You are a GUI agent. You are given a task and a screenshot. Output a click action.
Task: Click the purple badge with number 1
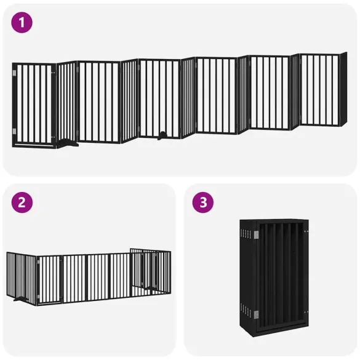click(22, 23)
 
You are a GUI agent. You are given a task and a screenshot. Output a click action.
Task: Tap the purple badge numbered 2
click(22, 204)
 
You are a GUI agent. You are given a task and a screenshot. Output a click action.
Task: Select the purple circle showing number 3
click(202, 204)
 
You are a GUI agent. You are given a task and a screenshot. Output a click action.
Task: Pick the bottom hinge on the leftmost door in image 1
click(15, 131)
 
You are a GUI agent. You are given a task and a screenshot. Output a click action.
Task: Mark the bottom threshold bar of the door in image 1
click(34, 145)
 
